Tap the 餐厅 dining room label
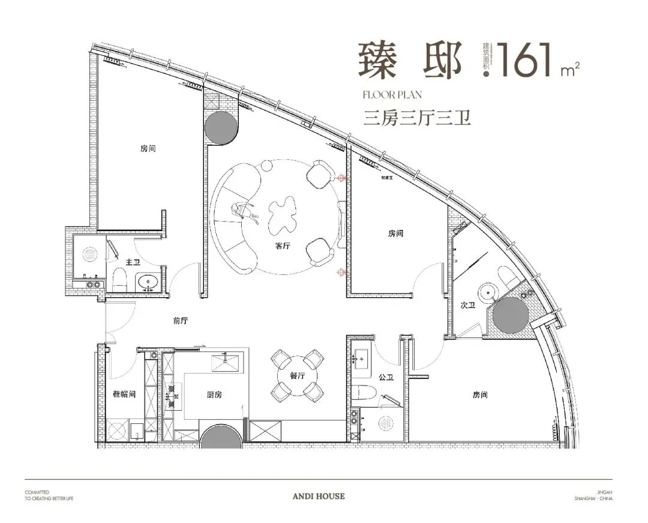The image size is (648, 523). pyautogui.click(x=297, y=375)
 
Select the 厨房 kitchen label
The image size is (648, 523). pyautogui.click(x=215, y=395)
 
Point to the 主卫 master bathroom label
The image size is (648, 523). pyautogui.click(x=133, y=262)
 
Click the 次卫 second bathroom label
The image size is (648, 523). pyautogui.click(x=468, y=306)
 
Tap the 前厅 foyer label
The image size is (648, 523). pyautogui.click(x=181, y=321)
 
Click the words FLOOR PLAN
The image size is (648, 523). pyautogui.click(x=393, y=94)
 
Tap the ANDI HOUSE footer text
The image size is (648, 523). pyautogui.click(x=326, y=497)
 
